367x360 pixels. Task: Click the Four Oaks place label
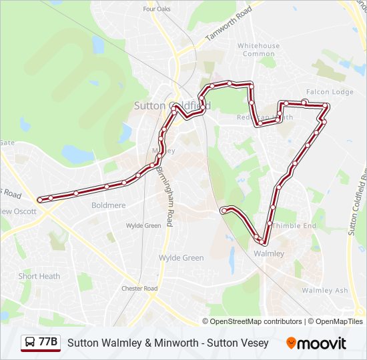click(157, 9)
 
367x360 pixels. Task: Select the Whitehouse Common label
click(258, 50)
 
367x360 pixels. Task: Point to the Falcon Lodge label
click(330, 92)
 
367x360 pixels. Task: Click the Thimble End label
click(294, 226)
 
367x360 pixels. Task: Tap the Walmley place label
click(269, 254)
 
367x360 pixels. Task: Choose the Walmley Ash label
click(325, 291)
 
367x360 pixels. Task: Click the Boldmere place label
click(108, 205)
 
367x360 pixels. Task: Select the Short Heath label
click(39, 276)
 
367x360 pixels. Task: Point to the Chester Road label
click(139, 289)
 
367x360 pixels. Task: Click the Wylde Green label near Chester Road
click(181, 258)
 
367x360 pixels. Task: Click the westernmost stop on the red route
click(41, 199)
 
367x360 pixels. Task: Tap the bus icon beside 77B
click(29, 343)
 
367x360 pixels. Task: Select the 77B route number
click(48, 343)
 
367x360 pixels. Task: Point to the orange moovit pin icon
click(292, 343)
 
